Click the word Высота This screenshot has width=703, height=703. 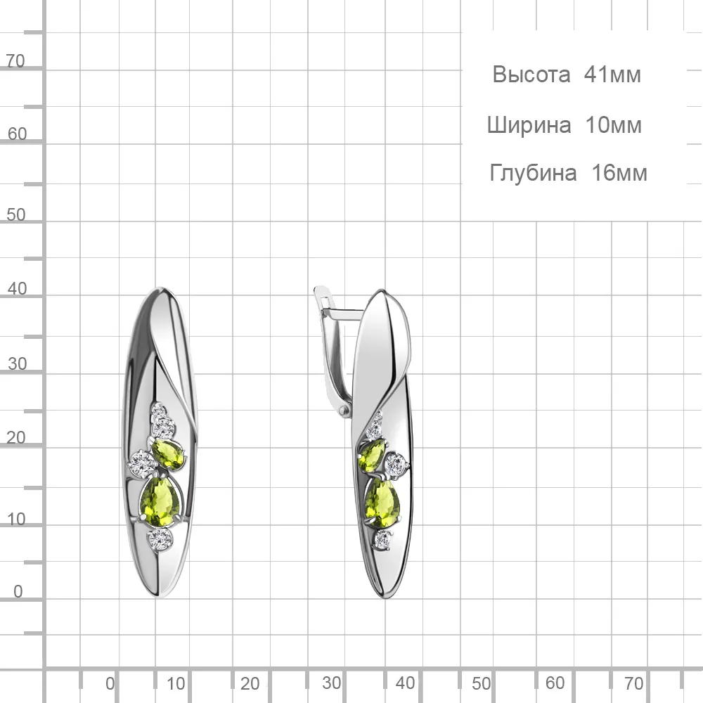pos(531,75)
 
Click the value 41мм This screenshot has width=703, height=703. pos(612,75)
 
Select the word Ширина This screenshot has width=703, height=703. pos(529,126)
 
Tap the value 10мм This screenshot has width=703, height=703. pos(613,125)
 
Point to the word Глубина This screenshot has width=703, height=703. pos(533,173)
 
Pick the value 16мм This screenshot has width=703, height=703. pos(619,173)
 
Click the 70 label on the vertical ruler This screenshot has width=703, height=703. pos(15,61)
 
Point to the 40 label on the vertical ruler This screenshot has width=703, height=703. pos(17,289)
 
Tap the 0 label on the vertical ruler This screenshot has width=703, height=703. pos(18,591)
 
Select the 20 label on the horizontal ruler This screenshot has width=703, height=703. pos(250,684)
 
